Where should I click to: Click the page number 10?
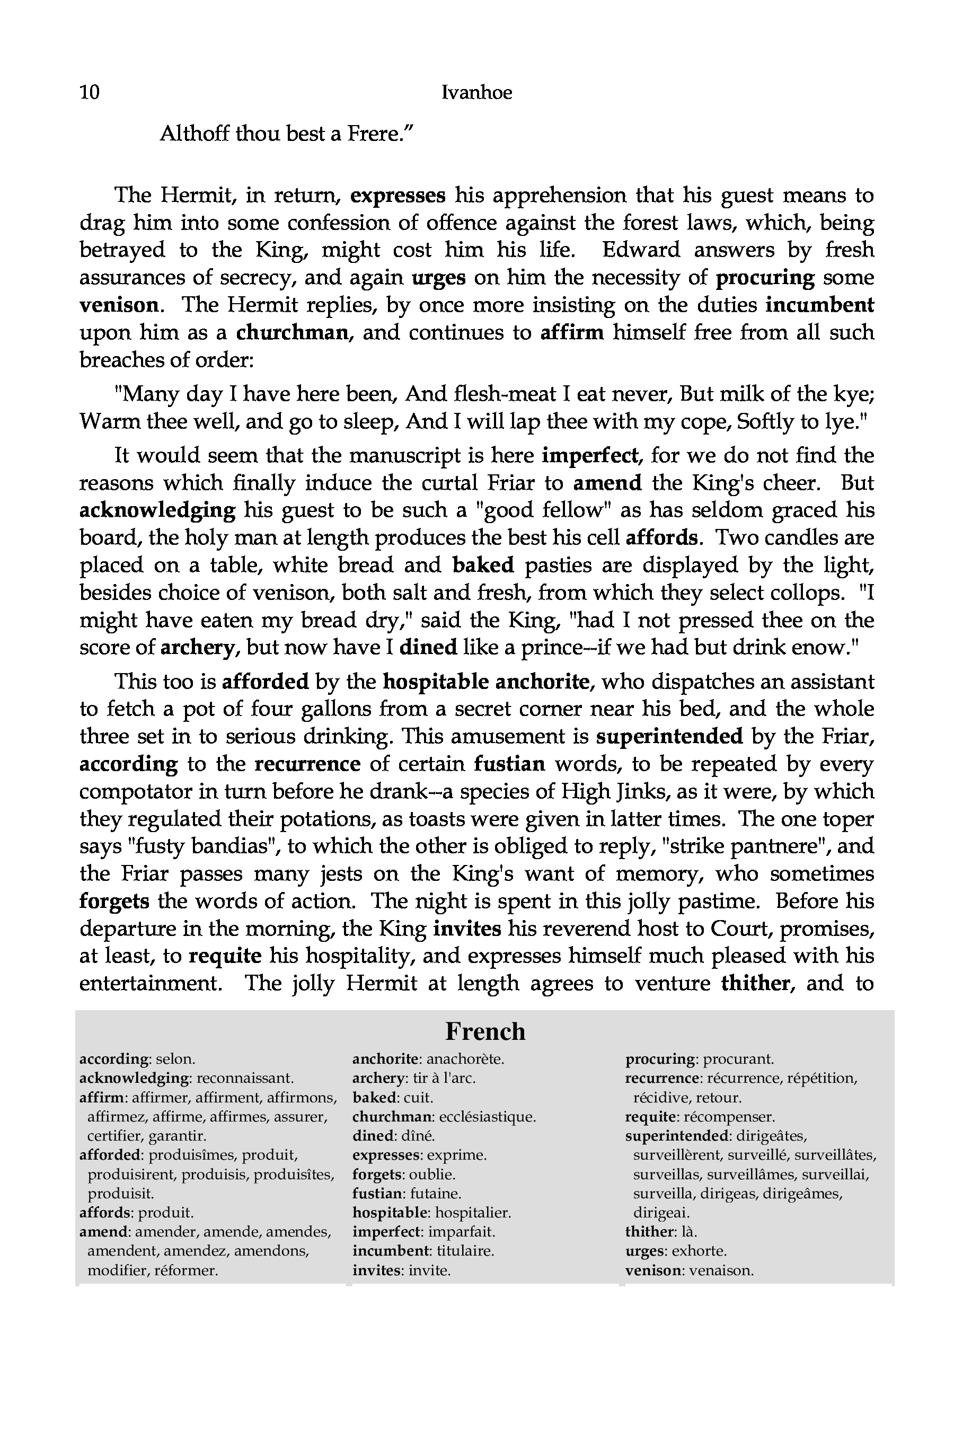click(x=90, y=92)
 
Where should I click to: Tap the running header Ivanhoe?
click(x=476, y=92)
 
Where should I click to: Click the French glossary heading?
click(x=485, y=1032)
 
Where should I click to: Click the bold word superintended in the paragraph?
click(x=669, y=736)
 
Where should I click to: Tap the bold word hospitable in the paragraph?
click(x=436, y=682)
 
